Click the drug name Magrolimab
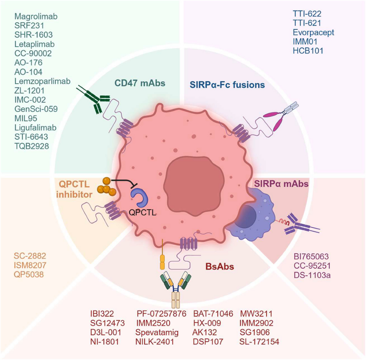tap(36, 16)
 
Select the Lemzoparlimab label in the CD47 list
tap(42, 81)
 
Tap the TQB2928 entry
tap(31, 146)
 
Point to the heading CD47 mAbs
tap(140, 83)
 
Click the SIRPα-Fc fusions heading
tap(227, 85)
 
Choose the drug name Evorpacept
tap(314, 32)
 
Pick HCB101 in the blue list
tap(308, 51)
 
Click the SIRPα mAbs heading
tap(281, 184)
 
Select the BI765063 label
tap(311, 257)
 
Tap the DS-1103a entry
tap(312, 275)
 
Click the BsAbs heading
tap(219, 266)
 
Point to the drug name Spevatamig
tap(157, 332)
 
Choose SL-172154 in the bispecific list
tap(259, 341)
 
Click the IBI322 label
tap(102, 314)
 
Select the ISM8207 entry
tap(30, 265)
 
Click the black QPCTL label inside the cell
tap(142, 213)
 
